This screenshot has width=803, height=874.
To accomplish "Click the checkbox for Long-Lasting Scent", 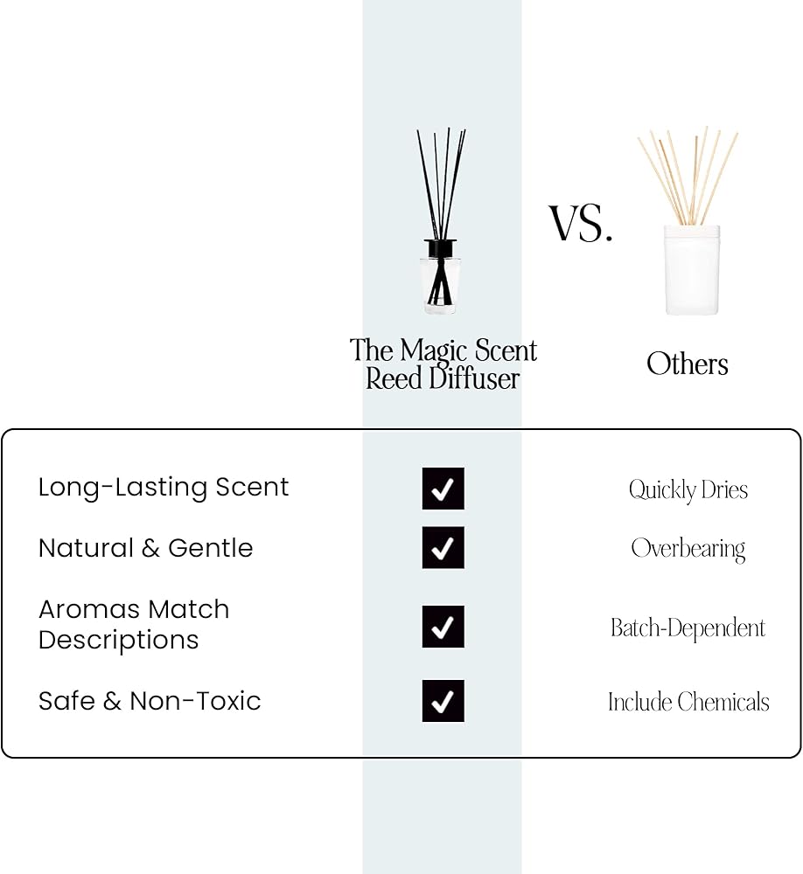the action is [x=443, y=489].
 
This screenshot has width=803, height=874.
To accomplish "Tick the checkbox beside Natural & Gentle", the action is [x=443, y=547].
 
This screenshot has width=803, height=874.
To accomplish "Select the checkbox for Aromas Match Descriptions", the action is [x=443, y=627].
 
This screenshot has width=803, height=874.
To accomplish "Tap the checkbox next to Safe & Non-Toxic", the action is [x=443, y=701].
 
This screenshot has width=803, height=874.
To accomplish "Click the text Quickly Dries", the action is [x=688, y=490].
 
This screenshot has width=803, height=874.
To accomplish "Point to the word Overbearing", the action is [x=688, y=550].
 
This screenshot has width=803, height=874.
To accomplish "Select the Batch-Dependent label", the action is [x=688, y=628].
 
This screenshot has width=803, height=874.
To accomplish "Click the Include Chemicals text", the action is [x=688, y=702].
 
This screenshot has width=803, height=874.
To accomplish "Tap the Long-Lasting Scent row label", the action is [x=164, y=487].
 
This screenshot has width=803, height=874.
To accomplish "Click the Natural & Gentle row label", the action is [x=146, y=548].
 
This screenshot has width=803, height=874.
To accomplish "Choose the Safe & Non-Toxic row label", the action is [x=150, y=701].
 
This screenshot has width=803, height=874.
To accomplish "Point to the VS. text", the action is [x=581, y=223].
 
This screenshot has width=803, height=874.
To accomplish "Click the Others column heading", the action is [x=688, y=364].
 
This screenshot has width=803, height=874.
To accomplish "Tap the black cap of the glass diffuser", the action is [x=440, y=248].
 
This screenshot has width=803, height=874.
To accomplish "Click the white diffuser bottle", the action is [x=692, y=270].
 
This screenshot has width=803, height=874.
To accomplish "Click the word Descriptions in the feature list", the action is [x=118, y=641].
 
